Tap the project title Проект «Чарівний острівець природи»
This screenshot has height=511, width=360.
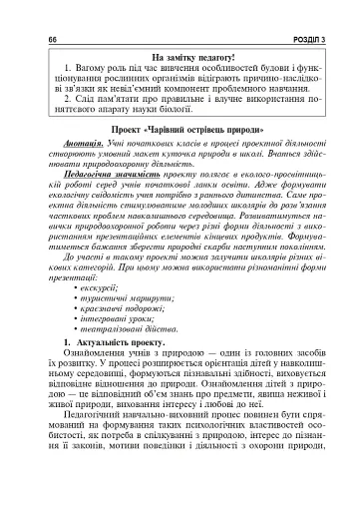pyautogui.click(x=180, y=129)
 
